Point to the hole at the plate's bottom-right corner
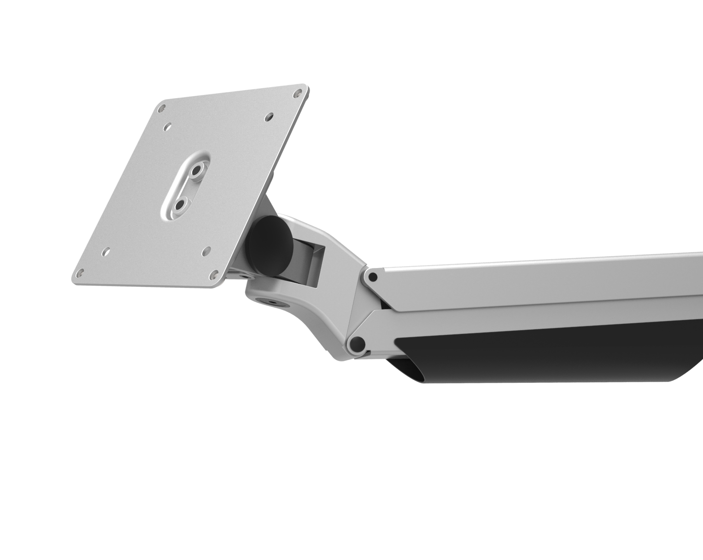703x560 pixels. click(x=214, y=275)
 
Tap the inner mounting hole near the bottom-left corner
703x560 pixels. click(x=106, y=251)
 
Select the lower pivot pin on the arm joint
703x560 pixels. click(x=357, y=343)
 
